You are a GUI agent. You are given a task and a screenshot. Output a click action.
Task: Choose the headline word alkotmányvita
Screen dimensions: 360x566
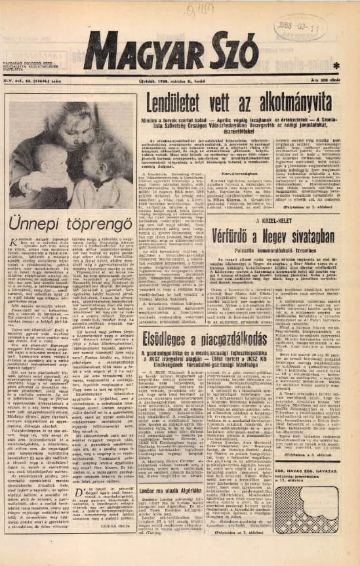pyautogui.click(x=290, y=106)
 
